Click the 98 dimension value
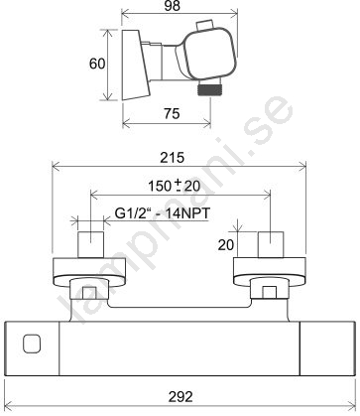[173, 6]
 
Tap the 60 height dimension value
[97, 64]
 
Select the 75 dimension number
[172, 114]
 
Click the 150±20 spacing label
[174, 186]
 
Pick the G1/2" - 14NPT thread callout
[163, 213]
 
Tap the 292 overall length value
[180, 396]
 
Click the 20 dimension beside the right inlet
[226, 245]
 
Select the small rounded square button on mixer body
[32, 344]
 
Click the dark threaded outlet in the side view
[208, 89]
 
